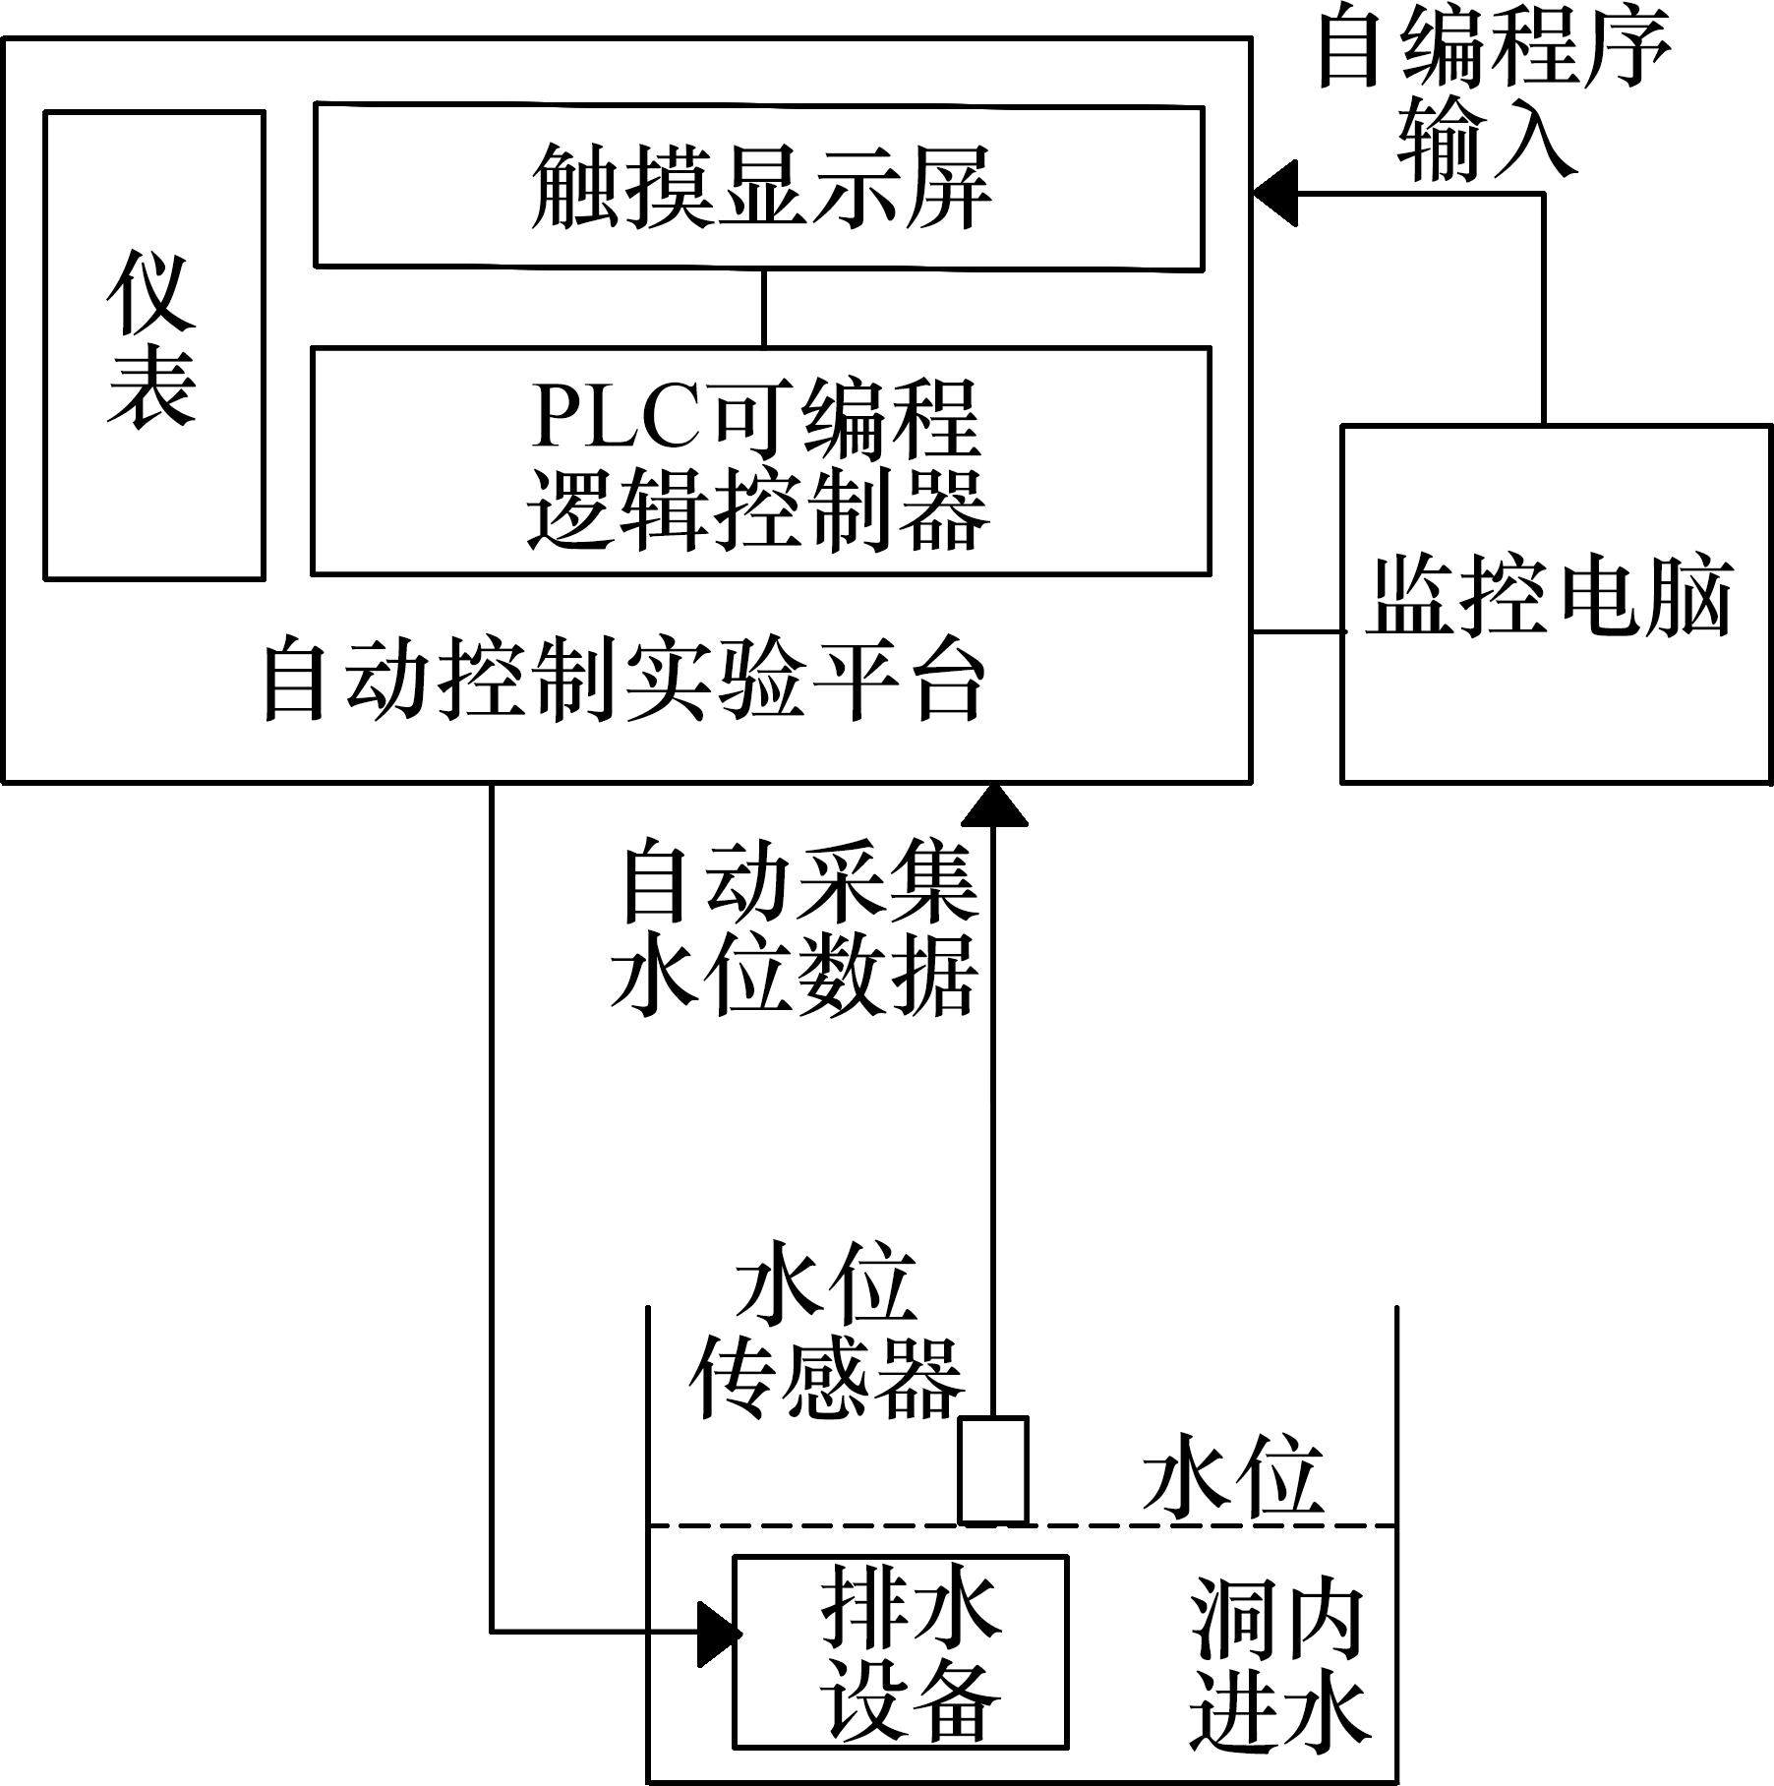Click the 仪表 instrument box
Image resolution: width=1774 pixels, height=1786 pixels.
coord(154,344)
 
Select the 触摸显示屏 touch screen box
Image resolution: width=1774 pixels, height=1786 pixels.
coord(758,187)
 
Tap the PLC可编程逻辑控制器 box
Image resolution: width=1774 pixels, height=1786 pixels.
coord(760,460)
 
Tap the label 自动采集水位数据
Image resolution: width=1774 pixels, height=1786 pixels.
coord(795,925)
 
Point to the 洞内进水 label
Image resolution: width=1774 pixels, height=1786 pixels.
coord(1278,1662)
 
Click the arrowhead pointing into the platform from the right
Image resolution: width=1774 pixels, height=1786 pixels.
coord(1274,193)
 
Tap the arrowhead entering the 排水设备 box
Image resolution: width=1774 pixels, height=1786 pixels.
coord(718,1634)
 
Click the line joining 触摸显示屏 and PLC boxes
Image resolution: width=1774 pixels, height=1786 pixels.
coord(763,307)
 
